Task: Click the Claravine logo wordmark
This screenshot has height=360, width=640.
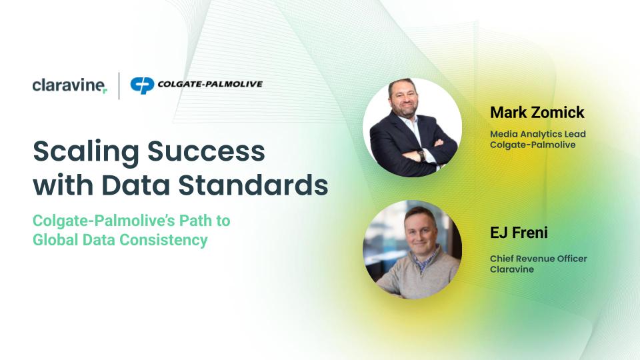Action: (x=70, y=85)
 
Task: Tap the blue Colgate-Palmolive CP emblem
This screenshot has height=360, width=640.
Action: (x=142, y=85)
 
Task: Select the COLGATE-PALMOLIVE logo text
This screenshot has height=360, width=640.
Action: (x=210, y=84)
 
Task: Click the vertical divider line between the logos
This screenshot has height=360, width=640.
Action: (x=119, y=86)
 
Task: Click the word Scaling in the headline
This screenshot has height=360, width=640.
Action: (x=86, y=152)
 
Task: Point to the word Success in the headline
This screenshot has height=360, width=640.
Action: (x=206, y=151)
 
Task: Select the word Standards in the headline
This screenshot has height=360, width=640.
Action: (x=253, y=185)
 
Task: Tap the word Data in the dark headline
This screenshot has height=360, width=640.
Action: (x=135, y=185)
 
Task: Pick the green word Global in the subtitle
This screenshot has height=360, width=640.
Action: (x=55, y=239)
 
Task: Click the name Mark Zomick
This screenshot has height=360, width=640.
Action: (x=537, y=112)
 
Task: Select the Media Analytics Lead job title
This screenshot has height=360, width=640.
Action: (x=538, y=134)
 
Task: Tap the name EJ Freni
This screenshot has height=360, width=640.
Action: (x=519, y=232)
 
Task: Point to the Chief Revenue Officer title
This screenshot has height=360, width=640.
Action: (x=539, y=259)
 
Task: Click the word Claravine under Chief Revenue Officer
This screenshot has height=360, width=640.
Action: (x=512, y=269)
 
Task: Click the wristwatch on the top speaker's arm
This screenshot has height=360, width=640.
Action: (x=422, y=155)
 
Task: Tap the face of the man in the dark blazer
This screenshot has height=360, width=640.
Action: (x=403, y=99)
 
